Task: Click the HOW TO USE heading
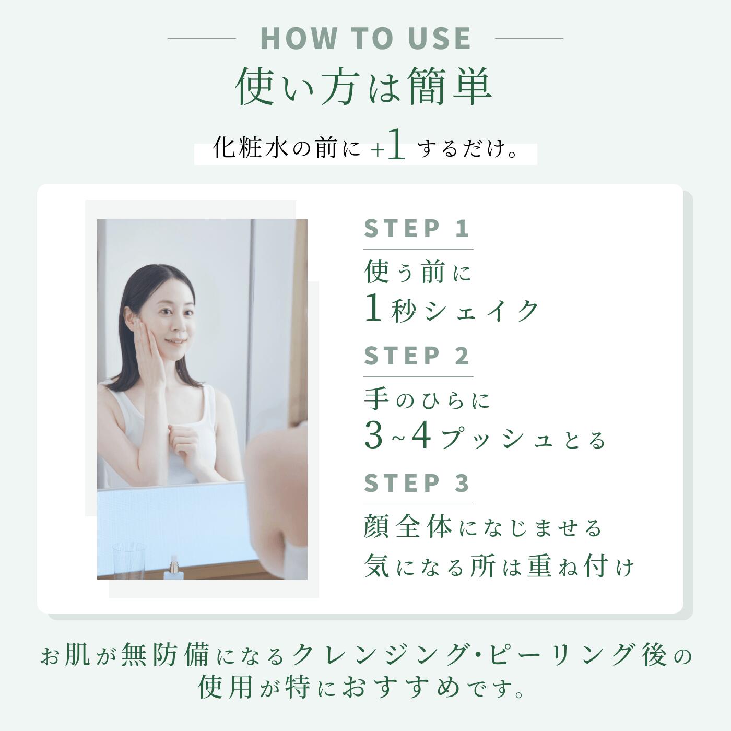pos(365,38)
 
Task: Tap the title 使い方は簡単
pos(364,87)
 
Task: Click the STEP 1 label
pos(417,228)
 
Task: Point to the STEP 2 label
pos(417,356)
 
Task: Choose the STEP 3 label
pos(417,484)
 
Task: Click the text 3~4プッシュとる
pos(485,437)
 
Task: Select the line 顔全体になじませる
pos(482,528)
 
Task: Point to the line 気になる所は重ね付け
pos(499,567)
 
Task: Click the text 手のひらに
pos(427,400)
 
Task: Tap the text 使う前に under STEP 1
pos(417,272)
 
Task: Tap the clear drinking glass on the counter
pos(128,561)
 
